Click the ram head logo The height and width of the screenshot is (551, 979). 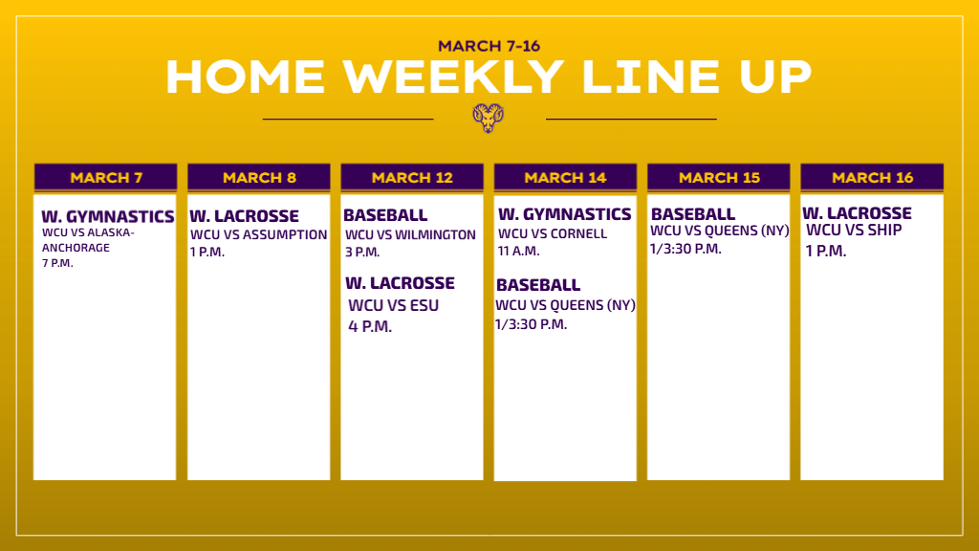click(489, 118)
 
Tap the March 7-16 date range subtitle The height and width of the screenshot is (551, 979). click(489, 46)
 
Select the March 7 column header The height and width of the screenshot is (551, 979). click(106, 177)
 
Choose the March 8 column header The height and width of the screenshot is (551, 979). click(259, 177)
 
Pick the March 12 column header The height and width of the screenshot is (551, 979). click(412, 177)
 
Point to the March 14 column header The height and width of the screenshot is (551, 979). click(565, 177)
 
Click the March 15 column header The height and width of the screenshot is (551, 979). click(719, 177)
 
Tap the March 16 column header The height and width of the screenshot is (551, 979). click(872, 177)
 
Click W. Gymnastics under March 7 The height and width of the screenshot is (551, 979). click(108, 216)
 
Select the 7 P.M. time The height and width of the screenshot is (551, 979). click(57, 263)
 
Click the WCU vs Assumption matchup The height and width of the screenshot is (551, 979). click(258, 234)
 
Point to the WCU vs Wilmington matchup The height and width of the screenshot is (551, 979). click(410, 235)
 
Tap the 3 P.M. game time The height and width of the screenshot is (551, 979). click(362, 252)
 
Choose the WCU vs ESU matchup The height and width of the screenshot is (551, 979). click(393, 305)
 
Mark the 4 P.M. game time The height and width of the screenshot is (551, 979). click(370, 326)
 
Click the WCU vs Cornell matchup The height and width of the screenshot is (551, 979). click(553, 233)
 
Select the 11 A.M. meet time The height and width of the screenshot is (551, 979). click(519, 251)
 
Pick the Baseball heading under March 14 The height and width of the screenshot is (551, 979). click(538, 285)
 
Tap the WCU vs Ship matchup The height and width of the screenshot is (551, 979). click(854, 230)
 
